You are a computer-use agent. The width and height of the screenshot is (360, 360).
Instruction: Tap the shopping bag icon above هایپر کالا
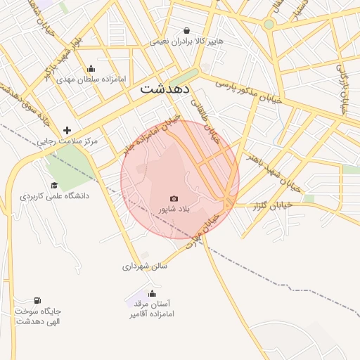pyautogui.click(x=186, y=30)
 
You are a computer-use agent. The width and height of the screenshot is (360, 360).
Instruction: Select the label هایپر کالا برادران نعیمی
pyautogui.click(x=186, y=41)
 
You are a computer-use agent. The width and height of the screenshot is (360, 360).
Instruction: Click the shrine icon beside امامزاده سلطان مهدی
pyautogui.click(x=91, y=68)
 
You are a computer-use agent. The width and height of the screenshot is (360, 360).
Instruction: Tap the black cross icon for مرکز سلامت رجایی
pyautogui.click(x=67, y=130)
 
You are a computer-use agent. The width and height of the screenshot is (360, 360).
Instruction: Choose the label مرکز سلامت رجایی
pyautogui.click(x=68, y=141)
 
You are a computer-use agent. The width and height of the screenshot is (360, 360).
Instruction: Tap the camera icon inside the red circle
pyautogui.click(x=174, y=199)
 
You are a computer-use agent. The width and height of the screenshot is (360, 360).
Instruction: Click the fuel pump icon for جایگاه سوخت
pyautogui.click(x=37, y=300)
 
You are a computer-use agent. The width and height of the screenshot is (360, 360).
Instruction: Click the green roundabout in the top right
pyautogui.click(x=269, y=24)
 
